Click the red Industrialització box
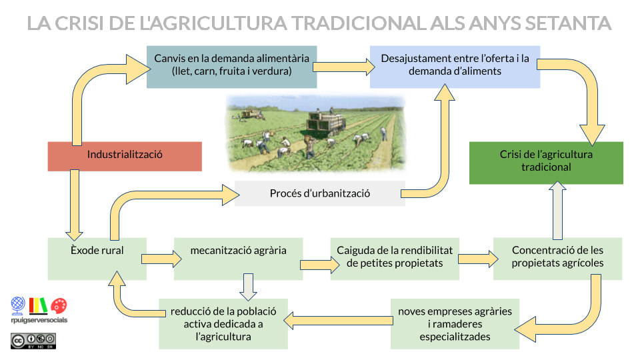125,155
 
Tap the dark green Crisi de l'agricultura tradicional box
546,162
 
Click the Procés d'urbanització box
320,193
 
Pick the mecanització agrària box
238,258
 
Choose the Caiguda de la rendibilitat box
394,258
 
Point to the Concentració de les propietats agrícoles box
557,258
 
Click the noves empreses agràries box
455,323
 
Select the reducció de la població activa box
223,323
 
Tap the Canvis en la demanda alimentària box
231,66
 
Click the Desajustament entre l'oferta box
455,66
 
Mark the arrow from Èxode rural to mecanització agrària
158,256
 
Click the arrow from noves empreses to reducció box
339,321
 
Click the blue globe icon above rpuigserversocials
19,305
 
